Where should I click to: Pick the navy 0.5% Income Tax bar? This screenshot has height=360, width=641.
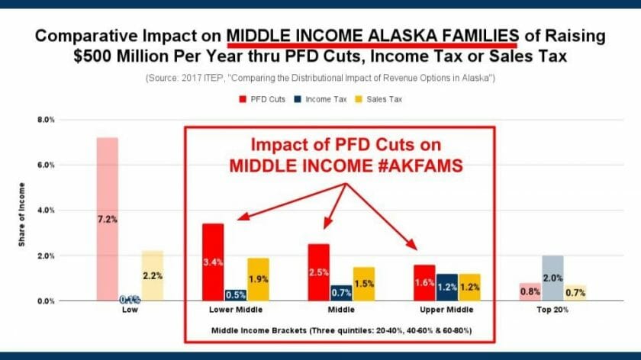point(235,295)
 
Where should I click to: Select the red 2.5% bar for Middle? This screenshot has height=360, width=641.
point(318,272)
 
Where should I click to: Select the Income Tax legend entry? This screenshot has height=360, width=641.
point(324,99)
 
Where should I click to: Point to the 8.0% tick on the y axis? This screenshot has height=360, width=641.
point(47,120)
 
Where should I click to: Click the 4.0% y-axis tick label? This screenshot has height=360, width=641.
point(47,211)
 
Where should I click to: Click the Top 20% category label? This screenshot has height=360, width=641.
point(551,311)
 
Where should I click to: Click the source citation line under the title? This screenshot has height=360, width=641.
point(320,79)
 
